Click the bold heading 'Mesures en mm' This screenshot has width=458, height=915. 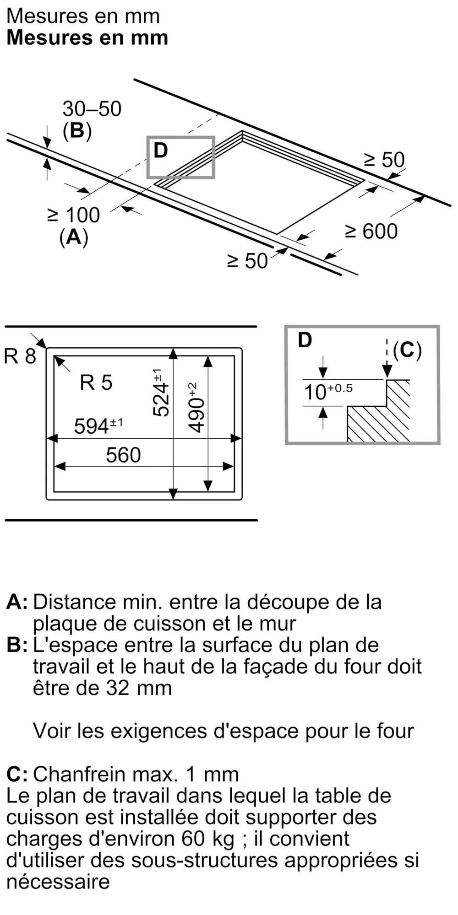[x=87, y=38]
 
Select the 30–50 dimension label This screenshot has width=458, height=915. [x=92, y=109]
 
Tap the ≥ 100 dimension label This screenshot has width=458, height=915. [x=73, y=215]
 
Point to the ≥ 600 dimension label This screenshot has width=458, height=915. [x=371, y=231]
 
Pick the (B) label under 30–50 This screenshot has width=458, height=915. [x=77, y=131]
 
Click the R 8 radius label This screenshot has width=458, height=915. [x=20, y=356]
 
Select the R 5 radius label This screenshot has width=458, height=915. [x=96, y=382]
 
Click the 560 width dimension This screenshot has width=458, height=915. [x=123, y=455]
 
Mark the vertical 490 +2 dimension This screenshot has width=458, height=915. [x=196, y=407]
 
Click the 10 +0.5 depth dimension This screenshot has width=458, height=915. [x=327, y=392]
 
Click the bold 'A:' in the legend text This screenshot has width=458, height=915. [x=17, y=602]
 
